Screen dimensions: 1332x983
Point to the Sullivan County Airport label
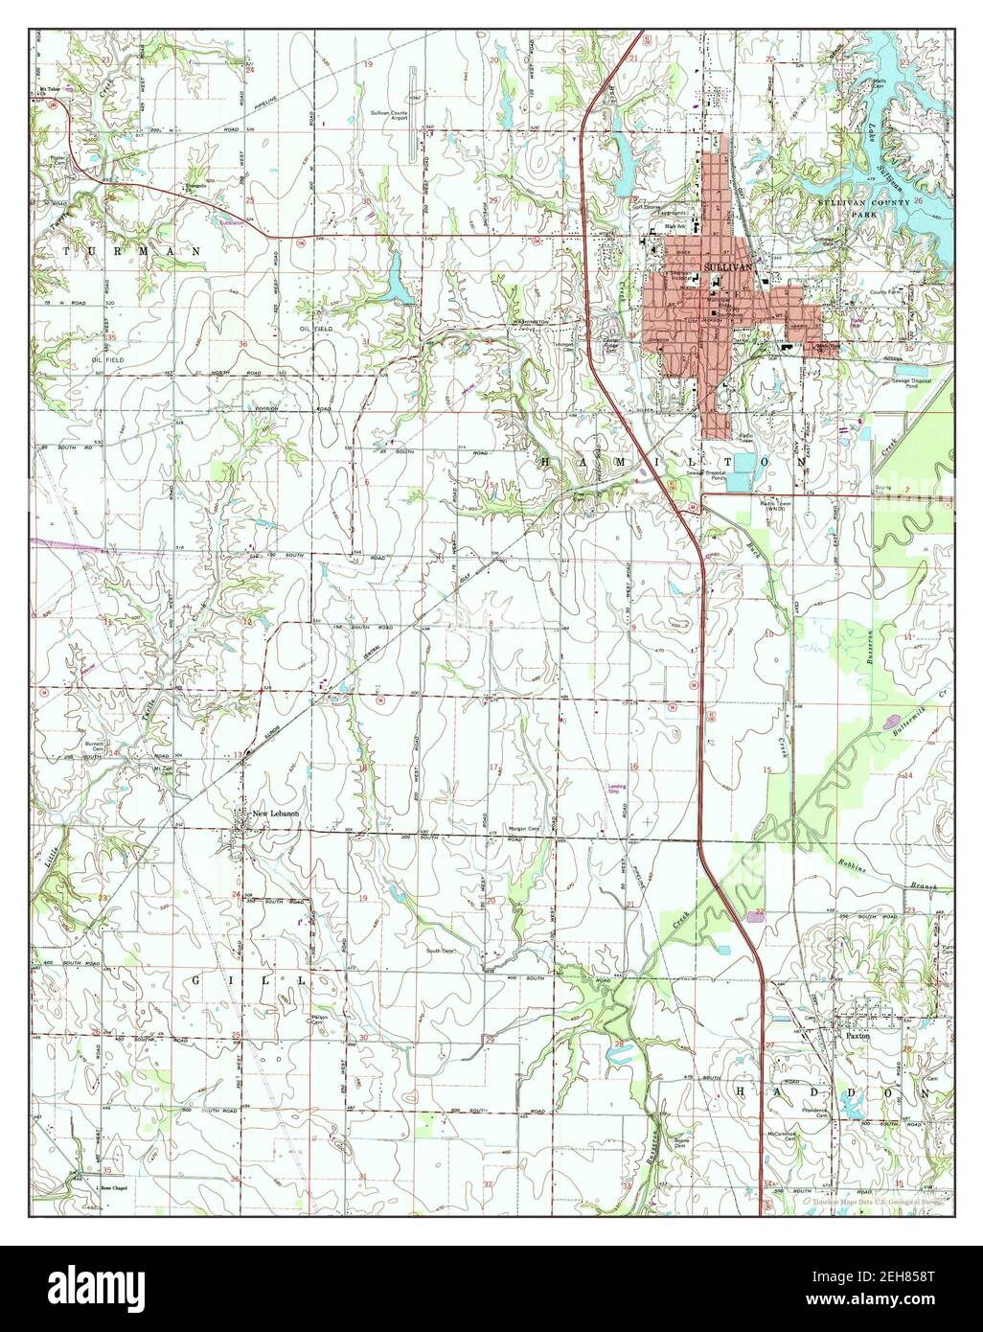[x=390, y=115]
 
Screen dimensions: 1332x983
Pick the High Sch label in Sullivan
[x=678, y=226]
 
